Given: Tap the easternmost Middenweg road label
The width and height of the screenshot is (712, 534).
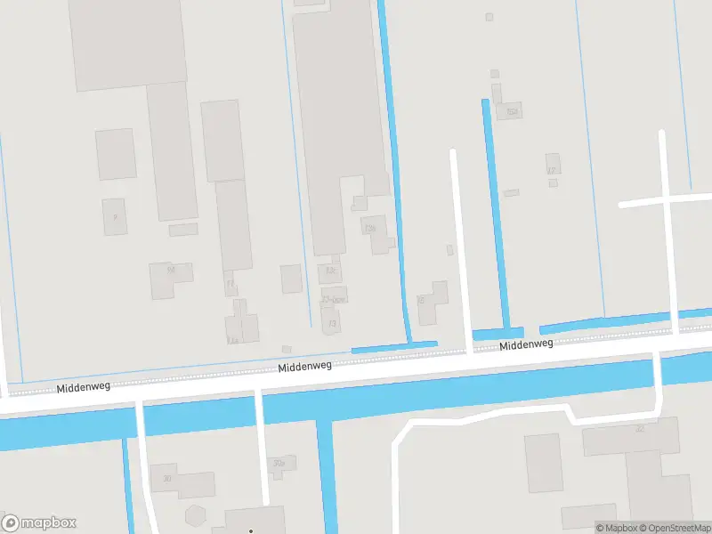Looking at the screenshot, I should [x=526, y=344].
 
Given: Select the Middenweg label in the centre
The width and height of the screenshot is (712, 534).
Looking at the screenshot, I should [x=304, y=366].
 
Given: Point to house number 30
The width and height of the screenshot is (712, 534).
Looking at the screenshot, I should [x=166, y=479].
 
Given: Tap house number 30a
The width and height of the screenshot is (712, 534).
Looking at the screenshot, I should [x=279, y=463].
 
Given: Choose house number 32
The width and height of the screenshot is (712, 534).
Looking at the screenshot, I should [x=639, y=429].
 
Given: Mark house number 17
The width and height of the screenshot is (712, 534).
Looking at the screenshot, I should [x=551, y=170].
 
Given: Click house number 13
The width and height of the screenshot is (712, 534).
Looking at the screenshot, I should [x=333, y=323].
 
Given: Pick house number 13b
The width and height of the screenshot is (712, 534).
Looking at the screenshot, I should [x=370, y=229].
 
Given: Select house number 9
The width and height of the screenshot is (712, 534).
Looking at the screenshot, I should [x=115, y=216].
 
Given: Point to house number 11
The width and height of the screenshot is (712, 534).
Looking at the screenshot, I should [x=231, y=285].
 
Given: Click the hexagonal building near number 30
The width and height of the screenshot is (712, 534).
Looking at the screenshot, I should [x=195, y=514].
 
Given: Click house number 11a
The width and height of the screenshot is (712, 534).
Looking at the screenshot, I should [x=233, y=340].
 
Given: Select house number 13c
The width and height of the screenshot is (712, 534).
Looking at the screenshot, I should [x=331, y=270].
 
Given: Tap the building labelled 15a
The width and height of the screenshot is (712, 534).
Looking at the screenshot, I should [x=511, y=110].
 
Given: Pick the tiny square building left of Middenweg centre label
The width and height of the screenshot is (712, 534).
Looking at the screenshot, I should [x=287, y=349].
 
